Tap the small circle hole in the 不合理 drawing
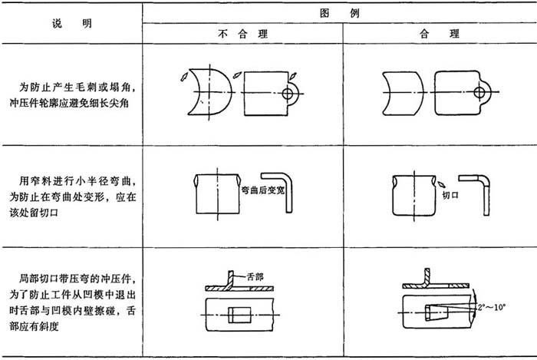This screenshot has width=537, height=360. click(290, 93)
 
